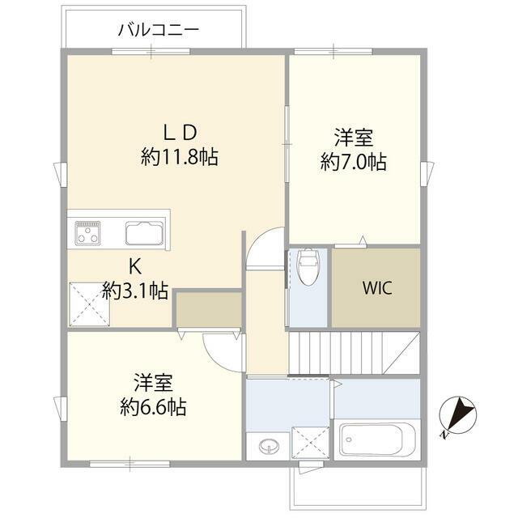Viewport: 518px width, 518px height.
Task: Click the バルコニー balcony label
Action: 159,30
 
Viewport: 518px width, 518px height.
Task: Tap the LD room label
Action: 180,133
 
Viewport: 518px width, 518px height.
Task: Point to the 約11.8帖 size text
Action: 180,156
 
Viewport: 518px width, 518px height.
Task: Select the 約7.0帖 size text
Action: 354,162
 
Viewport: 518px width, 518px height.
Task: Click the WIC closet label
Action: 377,288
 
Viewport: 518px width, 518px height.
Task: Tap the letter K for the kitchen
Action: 135,266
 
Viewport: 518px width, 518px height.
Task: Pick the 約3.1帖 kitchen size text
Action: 135,291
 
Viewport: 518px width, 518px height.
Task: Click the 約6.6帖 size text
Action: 153,406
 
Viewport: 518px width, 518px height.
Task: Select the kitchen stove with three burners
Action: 87,233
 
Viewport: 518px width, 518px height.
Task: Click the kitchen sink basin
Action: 145,233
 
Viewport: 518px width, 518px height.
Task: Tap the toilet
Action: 308,266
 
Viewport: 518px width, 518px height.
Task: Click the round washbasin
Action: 267,446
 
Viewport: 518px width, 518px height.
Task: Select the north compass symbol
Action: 459,415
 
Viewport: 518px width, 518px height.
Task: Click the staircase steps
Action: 355,353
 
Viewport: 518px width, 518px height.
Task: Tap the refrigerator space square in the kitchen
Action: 89,304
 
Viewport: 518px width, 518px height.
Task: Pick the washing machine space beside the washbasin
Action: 311,443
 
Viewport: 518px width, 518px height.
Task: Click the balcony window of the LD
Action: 151,52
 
